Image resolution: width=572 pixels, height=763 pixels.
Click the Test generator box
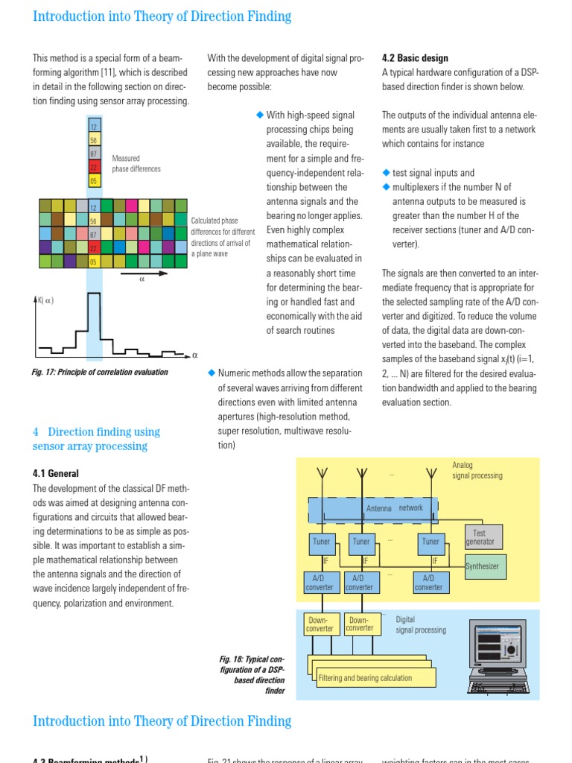coord(480,538)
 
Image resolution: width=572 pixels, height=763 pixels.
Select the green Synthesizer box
coord(483,566)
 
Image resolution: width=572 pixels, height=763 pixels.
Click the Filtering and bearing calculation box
coord(365,678)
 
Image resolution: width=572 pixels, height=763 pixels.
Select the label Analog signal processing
coord(477,470)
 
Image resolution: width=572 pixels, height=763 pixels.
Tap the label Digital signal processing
coord(421,624)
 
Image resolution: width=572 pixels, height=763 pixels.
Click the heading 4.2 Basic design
coord(415,58)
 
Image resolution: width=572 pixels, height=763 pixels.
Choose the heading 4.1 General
coord(56,473)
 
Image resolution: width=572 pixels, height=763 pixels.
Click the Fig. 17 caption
coord(101,372)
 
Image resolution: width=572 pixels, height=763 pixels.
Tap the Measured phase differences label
coord(136,163)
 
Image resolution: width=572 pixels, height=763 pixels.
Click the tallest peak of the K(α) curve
coord(94,296)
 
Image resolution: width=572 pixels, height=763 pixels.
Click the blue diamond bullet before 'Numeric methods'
coord(212,372)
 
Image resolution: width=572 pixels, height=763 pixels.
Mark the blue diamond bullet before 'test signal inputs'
coord(386,172)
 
